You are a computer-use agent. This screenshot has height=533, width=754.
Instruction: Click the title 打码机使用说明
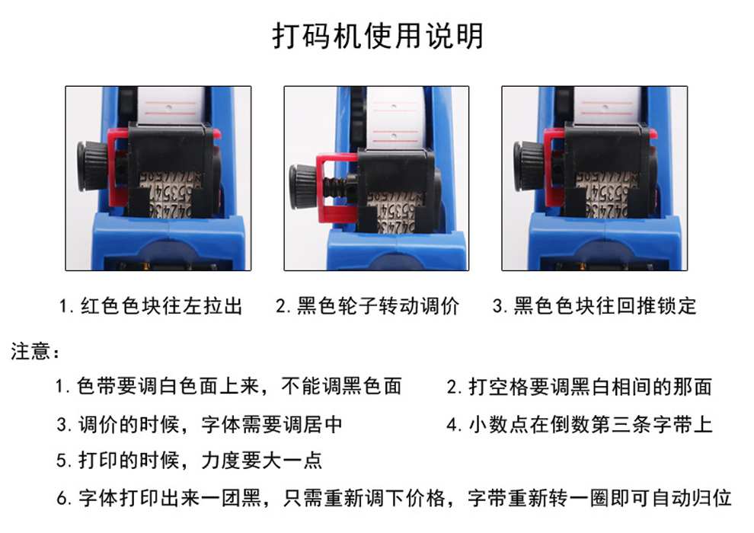coord(378,36)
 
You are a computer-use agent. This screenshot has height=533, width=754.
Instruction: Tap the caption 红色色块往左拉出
coord(151,305)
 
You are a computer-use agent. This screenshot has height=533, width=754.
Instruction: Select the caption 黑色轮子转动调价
coord(368,305)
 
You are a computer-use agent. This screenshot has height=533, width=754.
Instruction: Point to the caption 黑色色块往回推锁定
coord(595,305)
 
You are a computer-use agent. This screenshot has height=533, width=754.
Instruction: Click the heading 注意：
coord(35,351)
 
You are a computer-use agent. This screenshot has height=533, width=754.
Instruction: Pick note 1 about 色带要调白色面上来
coord(228,386)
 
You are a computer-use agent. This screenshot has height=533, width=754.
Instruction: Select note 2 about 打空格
coord(580,386)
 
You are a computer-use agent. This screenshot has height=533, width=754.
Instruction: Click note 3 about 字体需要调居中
coord(199,424)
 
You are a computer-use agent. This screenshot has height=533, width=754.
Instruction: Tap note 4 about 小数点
coord(580,424)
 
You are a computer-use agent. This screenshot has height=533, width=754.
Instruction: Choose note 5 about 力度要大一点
coord(189,461)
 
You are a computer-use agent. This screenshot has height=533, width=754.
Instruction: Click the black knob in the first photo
coord(92,166)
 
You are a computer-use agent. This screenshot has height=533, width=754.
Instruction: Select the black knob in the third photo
coord(528,166)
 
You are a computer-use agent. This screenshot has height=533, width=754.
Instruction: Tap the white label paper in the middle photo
coord(395,118)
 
